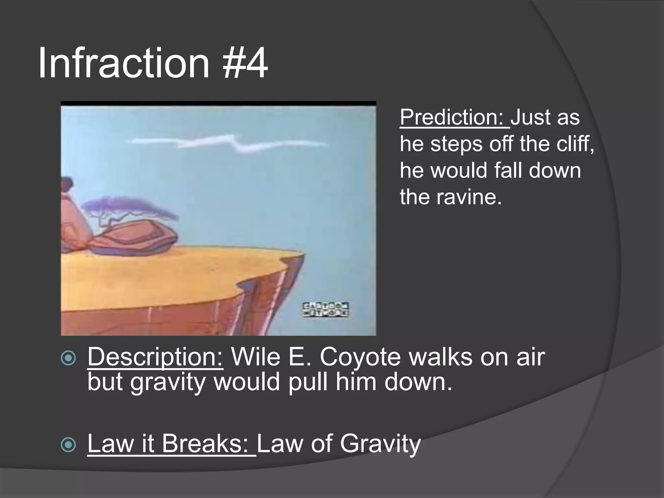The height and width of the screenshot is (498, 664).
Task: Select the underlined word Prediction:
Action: click(x=454, y=117)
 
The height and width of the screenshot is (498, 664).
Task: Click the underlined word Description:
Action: click(x=155, y=357)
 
